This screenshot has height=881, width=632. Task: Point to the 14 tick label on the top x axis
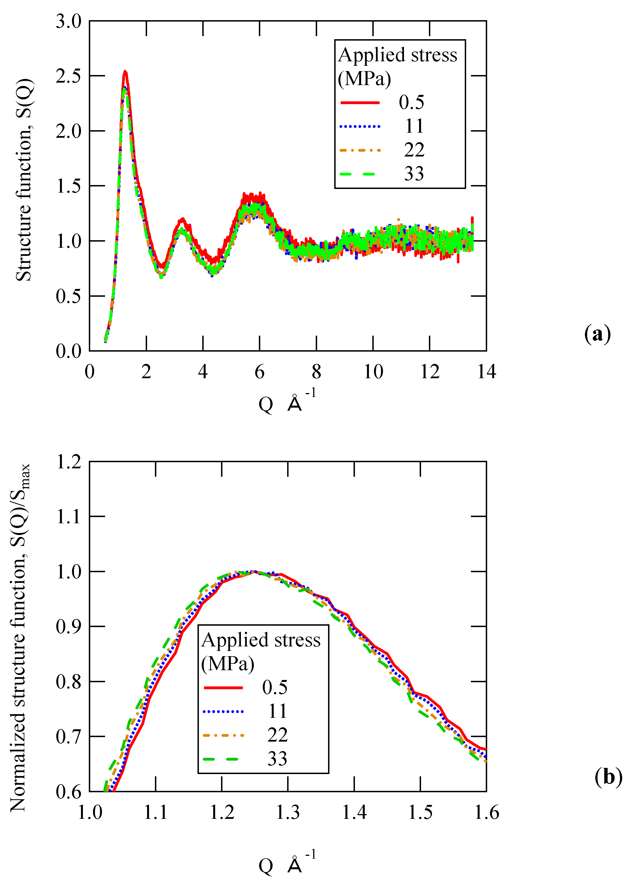tap(486, 372)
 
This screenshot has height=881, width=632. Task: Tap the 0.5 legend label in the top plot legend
tap(411, 102)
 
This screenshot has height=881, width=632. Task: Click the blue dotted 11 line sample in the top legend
tap(360, 126)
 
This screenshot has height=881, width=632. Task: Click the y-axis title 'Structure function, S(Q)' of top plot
tap(24, 179)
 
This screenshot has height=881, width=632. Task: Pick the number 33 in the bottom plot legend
tap(277, 759)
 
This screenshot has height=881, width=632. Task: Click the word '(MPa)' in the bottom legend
tap(227, 663)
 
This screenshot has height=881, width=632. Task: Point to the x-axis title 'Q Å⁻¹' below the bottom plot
tap(287, 865)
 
